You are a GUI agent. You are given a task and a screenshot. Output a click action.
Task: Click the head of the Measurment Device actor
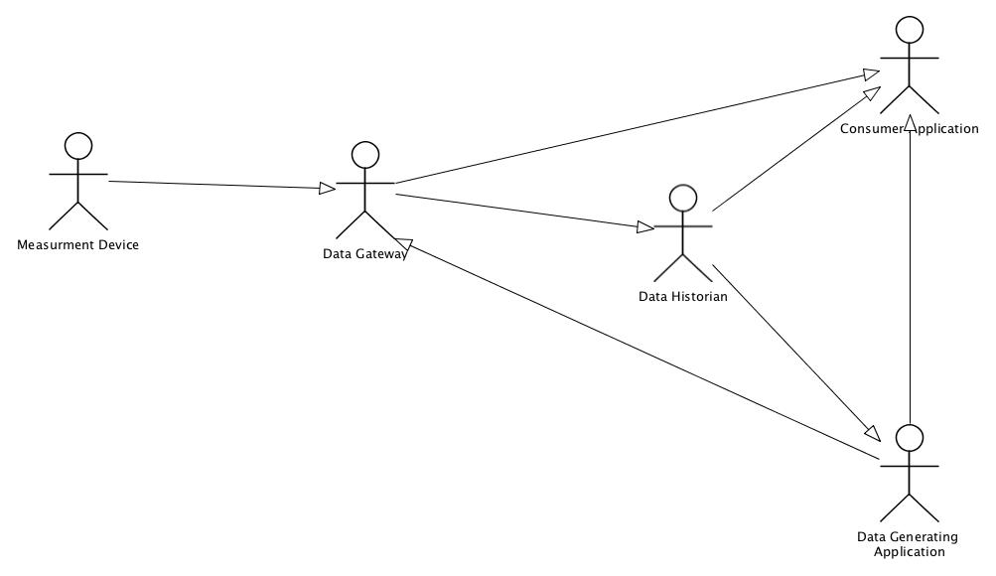coord(78,147)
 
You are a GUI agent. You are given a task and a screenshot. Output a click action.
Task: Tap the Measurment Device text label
coord(78,245)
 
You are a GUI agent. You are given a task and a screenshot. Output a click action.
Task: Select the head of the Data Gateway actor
coord(365,155)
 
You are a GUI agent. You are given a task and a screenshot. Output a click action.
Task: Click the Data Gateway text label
coord(364,254)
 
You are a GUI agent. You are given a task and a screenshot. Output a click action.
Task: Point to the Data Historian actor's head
coord(682,198)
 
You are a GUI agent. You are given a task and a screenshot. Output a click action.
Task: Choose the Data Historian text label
coord(683,296)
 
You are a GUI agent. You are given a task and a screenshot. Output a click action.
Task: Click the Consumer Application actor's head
coord(910,29)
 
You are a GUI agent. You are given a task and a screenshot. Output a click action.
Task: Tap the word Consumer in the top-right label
coord(870,129)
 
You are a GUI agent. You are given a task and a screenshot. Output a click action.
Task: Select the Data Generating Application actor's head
coord(910,437)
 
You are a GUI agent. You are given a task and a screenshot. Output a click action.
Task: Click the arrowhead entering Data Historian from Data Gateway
coord(645,228)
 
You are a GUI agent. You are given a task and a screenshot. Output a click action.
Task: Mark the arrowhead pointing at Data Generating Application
coord(872,433)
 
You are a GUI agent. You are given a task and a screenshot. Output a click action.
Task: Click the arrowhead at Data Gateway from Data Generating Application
coord(402,244)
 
